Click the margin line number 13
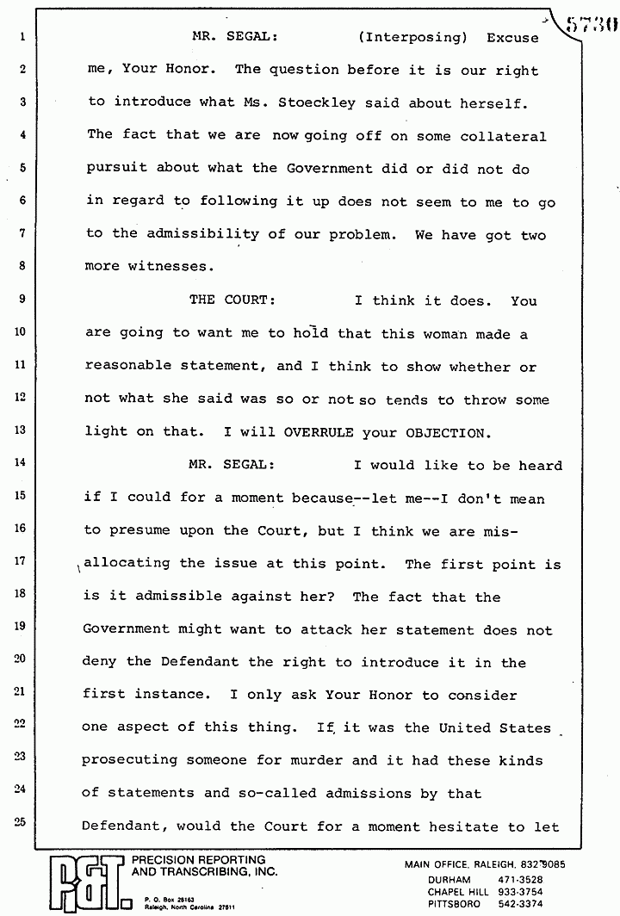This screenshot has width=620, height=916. click(22, 430)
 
